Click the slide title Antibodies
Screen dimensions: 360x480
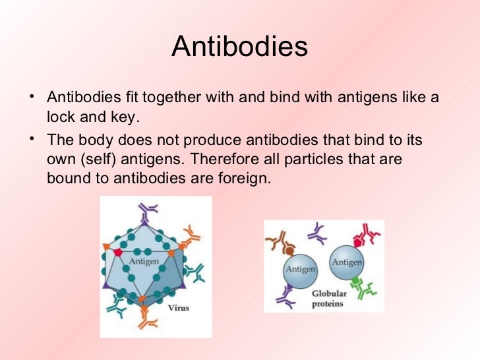[x=239, y=47]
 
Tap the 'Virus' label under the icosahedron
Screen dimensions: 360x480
[x=179, y=307]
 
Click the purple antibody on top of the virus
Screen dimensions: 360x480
[x=150, y=210]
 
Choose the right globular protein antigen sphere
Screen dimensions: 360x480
[x=347, y=262]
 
